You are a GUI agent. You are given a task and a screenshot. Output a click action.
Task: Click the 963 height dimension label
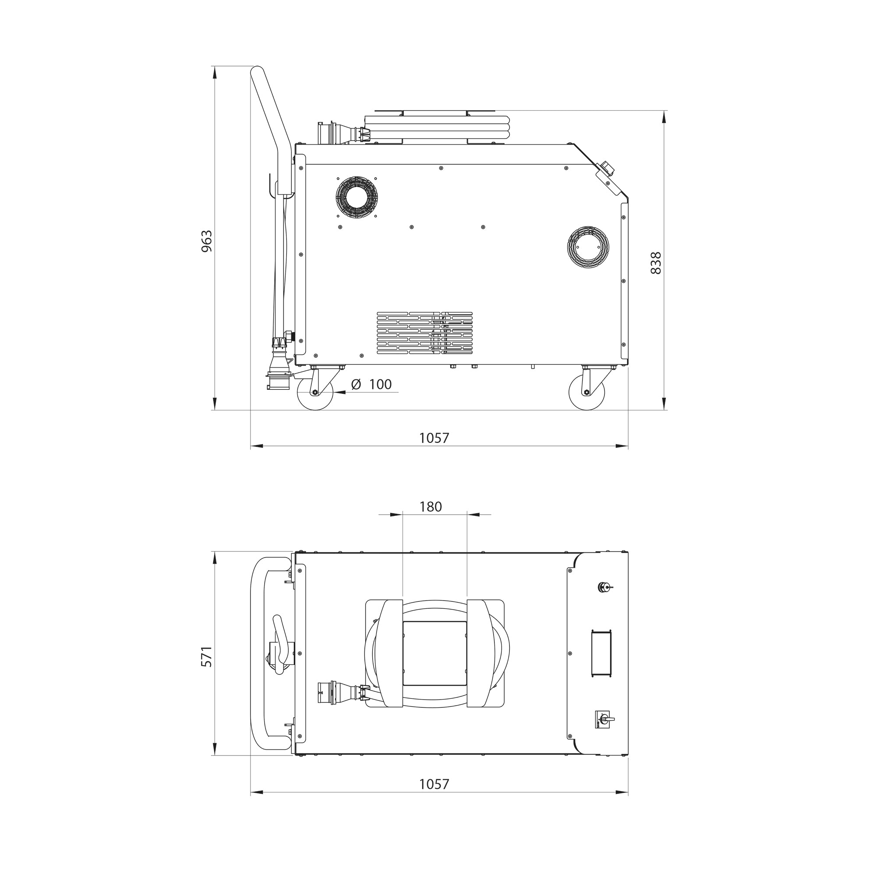[x=206, y=241]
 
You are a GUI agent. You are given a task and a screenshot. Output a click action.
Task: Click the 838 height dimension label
[x=656, y=263]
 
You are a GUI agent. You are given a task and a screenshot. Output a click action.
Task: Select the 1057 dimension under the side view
[x=434, y=438]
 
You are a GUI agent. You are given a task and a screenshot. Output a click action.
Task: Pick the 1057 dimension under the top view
[x=434, y=784]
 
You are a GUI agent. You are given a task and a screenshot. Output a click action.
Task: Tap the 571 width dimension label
[x=206, y=657]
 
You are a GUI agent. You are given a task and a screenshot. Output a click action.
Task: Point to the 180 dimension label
[x=430, y=506]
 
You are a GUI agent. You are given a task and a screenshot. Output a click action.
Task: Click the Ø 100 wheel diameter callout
[x=371, y=385]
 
